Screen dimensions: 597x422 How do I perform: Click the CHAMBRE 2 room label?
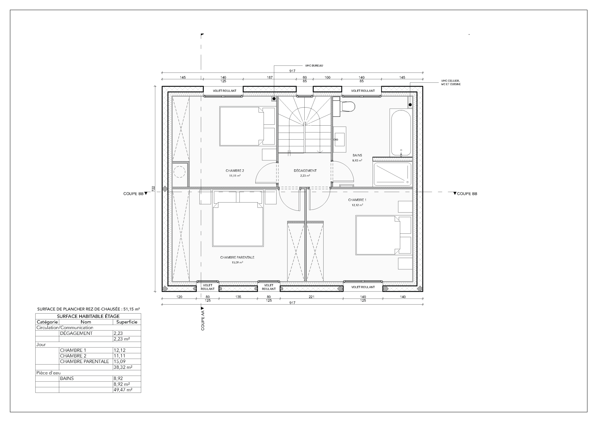pos(235,171)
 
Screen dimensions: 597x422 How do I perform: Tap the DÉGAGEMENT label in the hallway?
pos(305,171)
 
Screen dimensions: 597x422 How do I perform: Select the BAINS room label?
pos(357,155)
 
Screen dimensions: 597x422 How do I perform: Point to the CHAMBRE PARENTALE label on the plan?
pos(237,257)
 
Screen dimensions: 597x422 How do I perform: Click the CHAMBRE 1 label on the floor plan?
pos(357,200)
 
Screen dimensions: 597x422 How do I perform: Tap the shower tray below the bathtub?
pos(392,174)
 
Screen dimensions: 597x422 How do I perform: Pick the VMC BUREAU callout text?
pos(314,66)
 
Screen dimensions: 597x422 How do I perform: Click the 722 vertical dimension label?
pos(153,189)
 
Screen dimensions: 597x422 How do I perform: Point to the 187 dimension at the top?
pos(270,78)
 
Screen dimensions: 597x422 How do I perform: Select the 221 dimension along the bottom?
pos(311,297)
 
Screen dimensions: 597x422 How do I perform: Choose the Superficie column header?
pos(127,322)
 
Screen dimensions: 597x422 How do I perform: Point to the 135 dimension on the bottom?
pos(238,297)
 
